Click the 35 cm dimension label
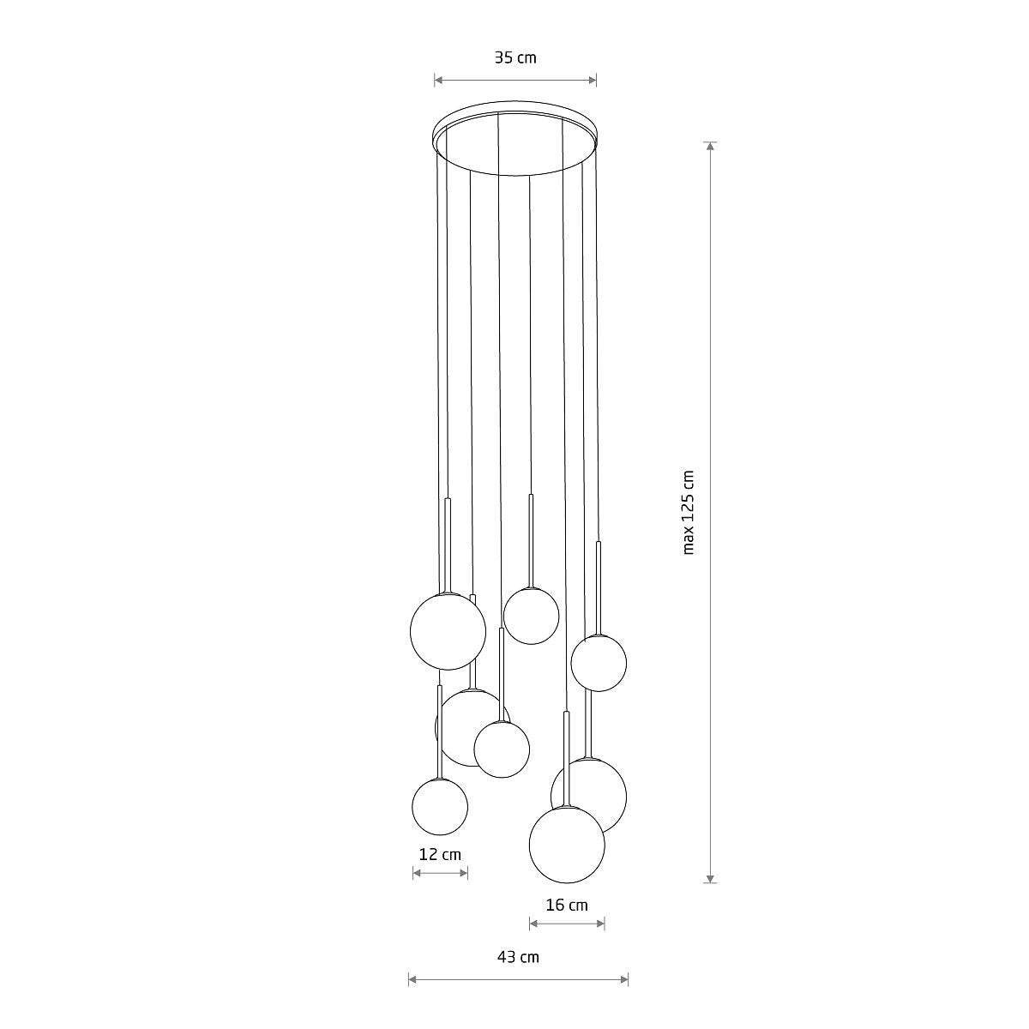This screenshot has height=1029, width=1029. [x=514, y=58]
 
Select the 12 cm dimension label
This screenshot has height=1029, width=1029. [x=440, y=854]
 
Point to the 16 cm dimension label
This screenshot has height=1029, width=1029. [x=567, y=905]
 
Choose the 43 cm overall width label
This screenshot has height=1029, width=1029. [x=518, y=957]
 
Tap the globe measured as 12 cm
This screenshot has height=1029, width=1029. [x=440, y=806]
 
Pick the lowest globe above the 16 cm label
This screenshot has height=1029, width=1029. [x=567, y=845]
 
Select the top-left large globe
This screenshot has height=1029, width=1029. [x=448, y=631]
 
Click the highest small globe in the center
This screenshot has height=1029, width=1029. [x=531, y=616]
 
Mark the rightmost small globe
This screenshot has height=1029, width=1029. [x=599, y=662]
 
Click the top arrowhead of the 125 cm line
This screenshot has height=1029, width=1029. [x=710, y=146]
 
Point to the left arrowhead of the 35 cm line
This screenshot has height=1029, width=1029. [x=438, y=81]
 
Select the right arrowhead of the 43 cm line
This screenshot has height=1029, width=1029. [x=624, y=979]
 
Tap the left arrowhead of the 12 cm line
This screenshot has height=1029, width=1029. [x=417, y=873]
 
